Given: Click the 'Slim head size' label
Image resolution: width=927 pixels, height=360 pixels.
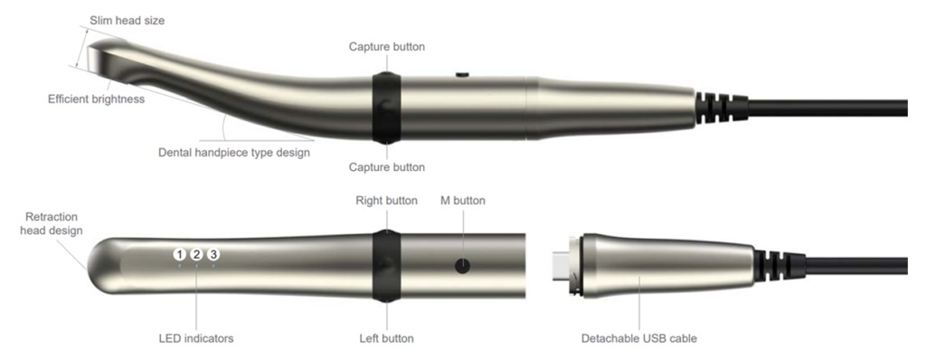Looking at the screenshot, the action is [128, 21].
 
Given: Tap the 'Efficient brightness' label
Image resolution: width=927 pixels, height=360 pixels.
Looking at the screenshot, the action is [97, 99].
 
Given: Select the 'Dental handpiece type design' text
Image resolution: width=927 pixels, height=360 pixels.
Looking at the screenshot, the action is [234, 153].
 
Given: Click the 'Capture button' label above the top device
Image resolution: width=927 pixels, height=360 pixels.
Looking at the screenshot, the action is [387, 47].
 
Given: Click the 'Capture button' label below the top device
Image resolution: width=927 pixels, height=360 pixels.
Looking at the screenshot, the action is [387, 167].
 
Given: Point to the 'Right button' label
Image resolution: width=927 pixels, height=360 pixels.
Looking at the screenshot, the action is [387, 201].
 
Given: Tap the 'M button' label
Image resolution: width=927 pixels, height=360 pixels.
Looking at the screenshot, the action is [463, 201].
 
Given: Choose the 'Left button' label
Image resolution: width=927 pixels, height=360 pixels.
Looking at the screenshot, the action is [387, 338].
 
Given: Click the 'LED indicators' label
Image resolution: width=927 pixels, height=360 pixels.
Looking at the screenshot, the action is [196, 338].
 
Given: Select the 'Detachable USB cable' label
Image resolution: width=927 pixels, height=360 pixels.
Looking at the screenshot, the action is [639, 338].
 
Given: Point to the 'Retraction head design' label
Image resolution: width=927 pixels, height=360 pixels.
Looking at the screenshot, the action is [52, 224].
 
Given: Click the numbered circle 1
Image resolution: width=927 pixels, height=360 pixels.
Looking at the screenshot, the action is [179, 255].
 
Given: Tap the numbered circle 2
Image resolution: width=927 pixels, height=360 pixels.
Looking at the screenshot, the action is [196, 255].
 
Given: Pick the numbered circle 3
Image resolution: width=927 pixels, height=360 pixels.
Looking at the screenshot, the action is [213, 255].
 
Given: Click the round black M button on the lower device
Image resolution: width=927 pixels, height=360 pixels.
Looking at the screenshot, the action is [462, 266].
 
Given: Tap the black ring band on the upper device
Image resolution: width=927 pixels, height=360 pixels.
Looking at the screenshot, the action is [387, 109].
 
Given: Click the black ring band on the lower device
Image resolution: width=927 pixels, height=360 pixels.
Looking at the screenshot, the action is [387, 266].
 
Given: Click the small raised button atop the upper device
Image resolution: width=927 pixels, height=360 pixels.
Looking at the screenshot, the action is [462, 74].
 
